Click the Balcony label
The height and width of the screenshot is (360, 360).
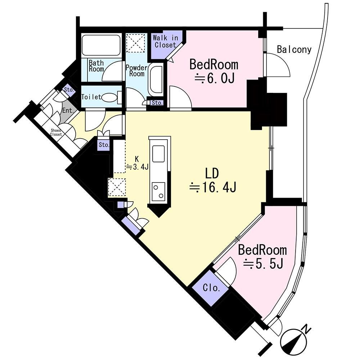(294, 49)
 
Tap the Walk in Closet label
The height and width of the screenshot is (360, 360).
(165, 41)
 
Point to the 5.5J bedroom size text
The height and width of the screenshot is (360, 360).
(263, 264)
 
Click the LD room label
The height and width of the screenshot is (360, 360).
(212, 174)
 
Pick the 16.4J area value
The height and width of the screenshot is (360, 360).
(213, 187)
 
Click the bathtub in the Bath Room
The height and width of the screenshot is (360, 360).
(101, 45)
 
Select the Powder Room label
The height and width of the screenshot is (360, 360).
(136, 71)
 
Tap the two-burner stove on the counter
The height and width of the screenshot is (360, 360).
(158, 192)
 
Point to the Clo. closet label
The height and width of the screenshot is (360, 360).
(211, 287)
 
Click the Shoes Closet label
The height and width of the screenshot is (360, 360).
(56, 132)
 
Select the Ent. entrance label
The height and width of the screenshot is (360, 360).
(68, 111)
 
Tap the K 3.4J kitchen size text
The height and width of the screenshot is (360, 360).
(137, 163)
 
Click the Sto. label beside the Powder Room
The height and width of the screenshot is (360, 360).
(157, 103)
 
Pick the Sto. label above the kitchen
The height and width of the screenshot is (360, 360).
(104, 145)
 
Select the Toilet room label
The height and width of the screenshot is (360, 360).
(91, 97)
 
